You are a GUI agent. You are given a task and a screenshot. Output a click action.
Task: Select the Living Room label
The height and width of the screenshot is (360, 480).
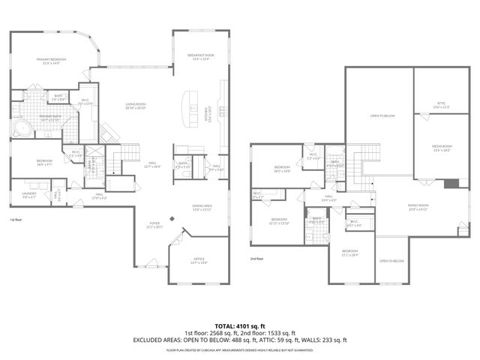tap(135, 106)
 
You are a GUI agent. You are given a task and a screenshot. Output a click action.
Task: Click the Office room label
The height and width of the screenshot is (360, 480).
tap(198, 260)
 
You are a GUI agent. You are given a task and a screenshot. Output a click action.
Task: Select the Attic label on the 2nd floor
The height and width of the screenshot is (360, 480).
tap(441, 105)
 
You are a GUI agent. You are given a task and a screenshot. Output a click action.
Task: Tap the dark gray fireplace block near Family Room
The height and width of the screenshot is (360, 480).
tap(450, 184)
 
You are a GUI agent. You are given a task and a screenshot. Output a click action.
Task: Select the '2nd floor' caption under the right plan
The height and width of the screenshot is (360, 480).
tap(257, 259)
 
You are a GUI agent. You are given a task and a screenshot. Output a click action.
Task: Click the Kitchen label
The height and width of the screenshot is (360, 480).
tap(210, 116)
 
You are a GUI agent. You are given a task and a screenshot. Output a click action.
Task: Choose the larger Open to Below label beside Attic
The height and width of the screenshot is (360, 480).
tap(381, 116)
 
